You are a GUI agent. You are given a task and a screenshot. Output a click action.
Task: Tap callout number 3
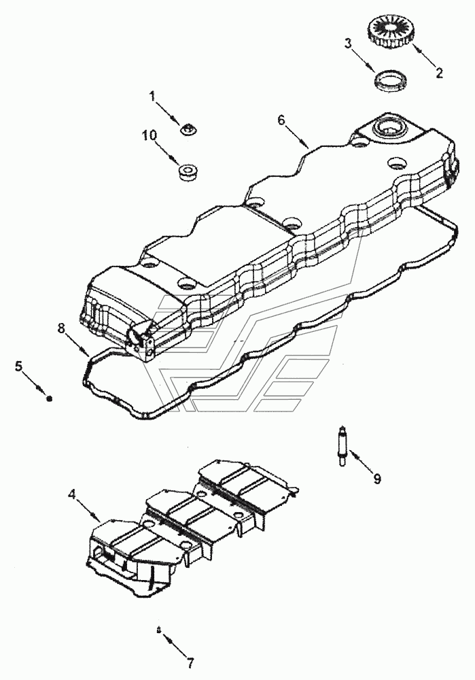coord(347,45)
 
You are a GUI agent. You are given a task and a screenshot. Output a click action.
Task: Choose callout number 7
coord(190,661)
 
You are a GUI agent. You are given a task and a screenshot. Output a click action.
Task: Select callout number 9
coord(376,478)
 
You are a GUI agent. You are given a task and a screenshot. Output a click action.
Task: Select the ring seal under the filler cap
coord(391,82)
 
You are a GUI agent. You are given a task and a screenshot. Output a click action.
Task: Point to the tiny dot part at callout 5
coord(49,398)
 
